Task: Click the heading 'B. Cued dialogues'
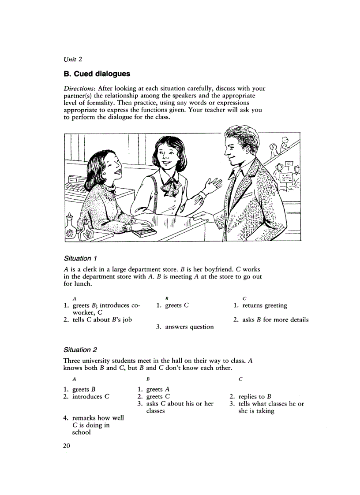(97, 74)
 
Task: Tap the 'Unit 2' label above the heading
(73, 59)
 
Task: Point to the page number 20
(67, 446)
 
